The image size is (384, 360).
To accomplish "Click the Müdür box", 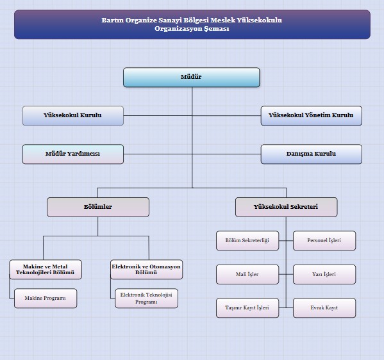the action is pyautogui.click(x=191, y=78).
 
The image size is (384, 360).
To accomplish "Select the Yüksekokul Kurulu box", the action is pyautogui.click(x=72, y=115).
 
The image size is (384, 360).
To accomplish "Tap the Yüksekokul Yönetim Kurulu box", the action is pyautogui.click(x=312, y=115).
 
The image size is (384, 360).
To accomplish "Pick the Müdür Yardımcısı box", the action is pyautogui.click(x=72, y=154).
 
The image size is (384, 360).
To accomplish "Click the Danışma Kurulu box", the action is pyautogui.click(x=312, y=154).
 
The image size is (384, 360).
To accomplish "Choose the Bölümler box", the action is pyautogui.click(x=98, y=207).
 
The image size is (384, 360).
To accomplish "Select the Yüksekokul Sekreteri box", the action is pyautogui.click(x=287, y=207).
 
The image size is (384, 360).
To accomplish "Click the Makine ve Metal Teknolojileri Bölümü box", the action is pyautogui.click(x=46, y=270).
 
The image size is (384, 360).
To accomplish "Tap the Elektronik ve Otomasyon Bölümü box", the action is pyautogui.click(x=146, y=270).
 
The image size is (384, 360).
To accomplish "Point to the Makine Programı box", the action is pyautogui.click(x=46, y=298).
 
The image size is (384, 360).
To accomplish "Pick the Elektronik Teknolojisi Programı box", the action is pyautogui.click(x=146, y=298).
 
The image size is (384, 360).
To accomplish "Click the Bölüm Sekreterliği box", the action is pyautogui.click(x=247, y=241).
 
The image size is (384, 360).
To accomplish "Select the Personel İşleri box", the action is pyautogui.click(x=324, y=241).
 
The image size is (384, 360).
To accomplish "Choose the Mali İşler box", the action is pyautogui.click(x=247, y=274).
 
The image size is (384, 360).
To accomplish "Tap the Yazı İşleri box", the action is pyautogui.click(x=324, y=274).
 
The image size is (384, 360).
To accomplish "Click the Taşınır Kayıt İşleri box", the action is pyautogui.click(x=247, y=308).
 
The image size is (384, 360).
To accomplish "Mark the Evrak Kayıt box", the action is pyautogui.click(x=324, y=308).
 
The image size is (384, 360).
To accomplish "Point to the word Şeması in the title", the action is pyautogui.click(x=217, y=29).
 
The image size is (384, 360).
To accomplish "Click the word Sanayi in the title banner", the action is pyautogui.click(x=170, y=20).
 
